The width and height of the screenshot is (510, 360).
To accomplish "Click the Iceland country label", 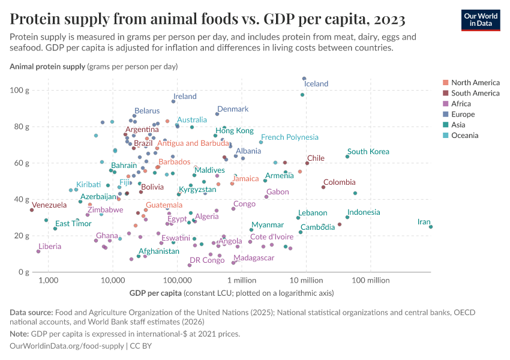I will [x=316, y=84].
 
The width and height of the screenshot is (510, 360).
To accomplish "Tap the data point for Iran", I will [x=431, y=227].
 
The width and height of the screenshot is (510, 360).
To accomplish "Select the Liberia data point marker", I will [x=38, y=251].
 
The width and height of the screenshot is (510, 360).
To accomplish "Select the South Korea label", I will [x=368, y=152].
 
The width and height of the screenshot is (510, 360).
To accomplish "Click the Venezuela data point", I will [x=32, y=210].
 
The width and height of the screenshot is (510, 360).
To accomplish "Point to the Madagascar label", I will [x=254, y=258].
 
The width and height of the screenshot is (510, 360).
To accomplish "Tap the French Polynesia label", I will [x=289, y=137].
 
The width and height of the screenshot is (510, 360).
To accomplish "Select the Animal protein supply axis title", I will [x=48, y=66].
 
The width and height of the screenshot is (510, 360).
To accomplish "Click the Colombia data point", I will [x=323, y=187].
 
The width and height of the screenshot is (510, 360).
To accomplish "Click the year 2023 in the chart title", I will [x=389, y=20].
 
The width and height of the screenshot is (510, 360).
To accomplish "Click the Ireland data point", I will [x=173, y=101].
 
